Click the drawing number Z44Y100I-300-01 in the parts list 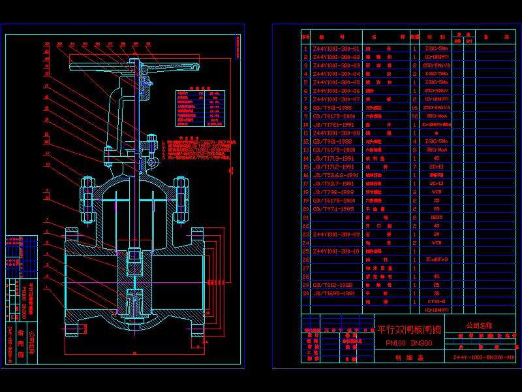pyautogui.click(x=337, y=48)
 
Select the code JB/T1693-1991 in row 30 pyautogui.click(x=335, y=293)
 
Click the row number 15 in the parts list pyautogui.click(x=305, y=167)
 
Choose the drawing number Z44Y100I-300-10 pyautogui.click(x=337, y=251)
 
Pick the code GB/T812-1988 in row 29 pyautogui.click(x=332, y=285)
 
